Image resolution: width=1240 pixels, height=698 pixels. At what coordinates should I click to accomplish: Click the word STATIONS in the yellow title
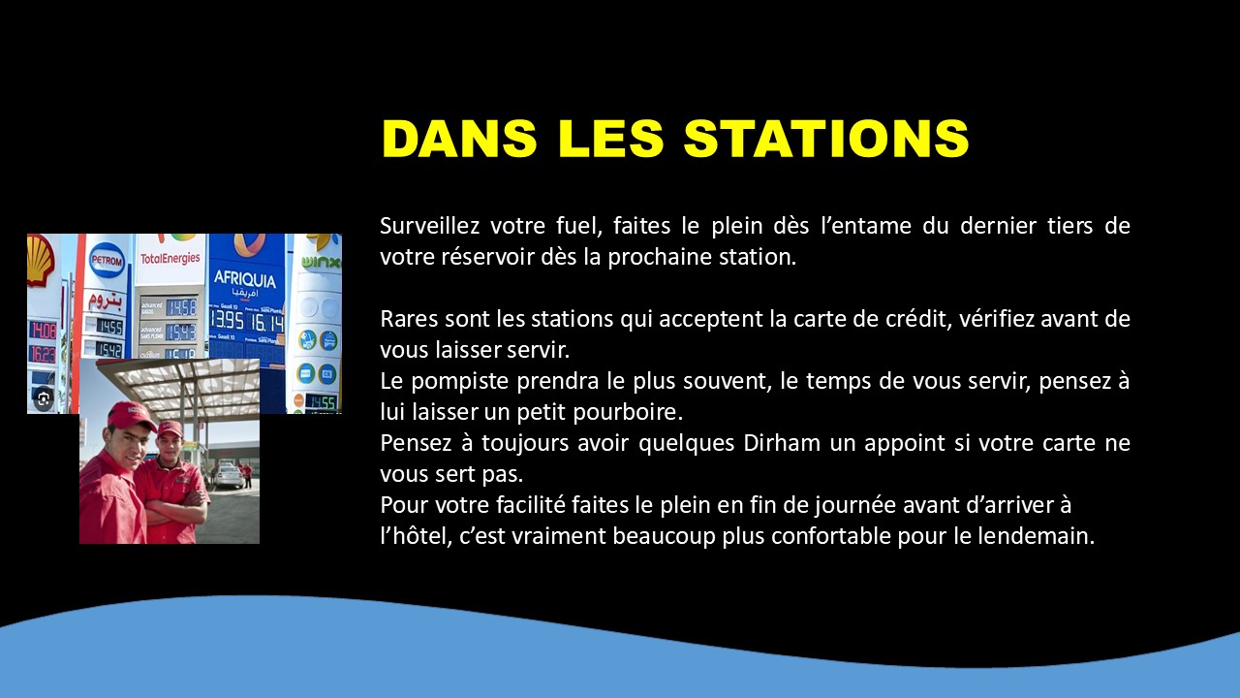pyautogui.click(x=826, y=138)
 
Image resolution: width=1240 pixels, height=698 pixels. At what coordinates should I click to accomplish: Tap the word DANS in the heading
pyautogui.click(x=459, y=138)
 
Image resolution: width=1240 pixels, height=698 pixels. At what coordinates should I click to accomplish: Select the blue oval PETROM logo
pyautogui.click(x=107, y=259)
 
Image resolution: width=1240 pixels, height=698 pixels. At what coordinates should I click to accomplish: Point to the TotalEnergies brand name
pyautogui.click(x=170, y=258)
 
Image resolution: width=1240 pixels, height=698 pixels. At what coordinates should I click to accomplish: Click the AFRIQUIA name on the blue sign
pyautogui.click(x=245, y=278)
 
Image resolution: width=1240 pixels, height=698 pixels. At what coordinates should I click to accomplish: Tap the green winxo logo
pyautogui.click(x=322, y=262)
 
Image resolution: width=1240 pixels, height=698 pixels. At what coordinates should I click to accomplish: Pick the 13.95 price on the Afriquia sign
pyautogui.click(x=227, y=320)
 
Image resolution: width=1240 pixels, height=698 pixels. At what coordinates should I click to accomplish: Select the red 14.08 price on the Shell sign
pyautogui.click(x=43, y=331)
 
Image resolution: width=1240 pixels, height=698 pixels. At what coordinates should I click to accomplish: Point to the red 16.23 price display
pyautogui.click(x=43, y=354)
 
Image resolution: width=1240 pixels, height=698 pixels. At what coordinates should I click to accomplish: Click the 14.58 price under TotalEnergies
pyautogui.click(x=181, y=307)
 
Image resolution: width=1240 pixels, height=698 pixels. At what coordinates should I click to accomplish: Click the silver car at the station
pyautogui.click(x=229, y=476)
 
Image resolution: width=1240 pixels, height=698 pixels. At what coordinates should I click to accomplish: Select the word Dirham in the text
pyautogui.click(x=782, y=443)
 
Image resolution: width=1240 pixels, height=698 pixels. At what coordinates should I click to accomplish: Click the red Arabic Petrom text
pyautogui.click(x=106, y=300)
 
